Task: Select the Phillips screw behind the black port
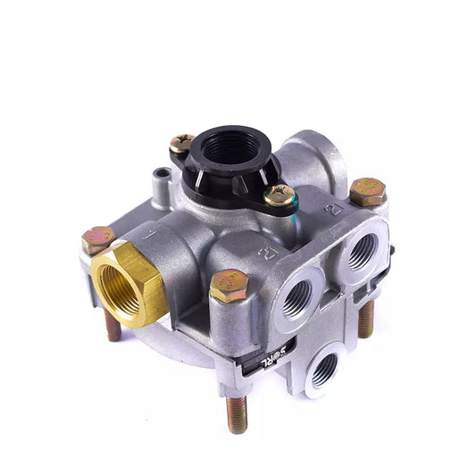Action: point(182,142)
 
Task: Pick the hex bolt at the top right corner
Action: point(367,190)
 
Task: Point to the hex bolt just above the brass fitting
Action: point(98,240)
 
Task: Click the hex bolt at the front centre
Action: point(229,287)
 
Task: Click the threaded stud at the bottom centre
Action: point(237,413)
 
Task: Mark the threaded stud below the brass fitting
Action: point(113,327)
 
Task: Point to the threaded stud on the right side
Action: point(365,320)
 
